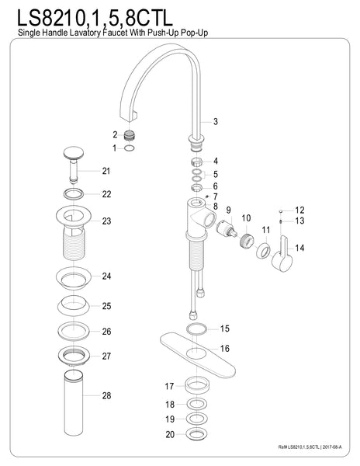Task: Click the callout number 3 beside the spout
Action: click(x=216, y=121)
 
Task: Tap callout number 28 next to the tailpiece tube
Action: click(x=106, y=395)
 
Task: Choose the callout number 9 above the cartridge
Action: click(x=229, y=210)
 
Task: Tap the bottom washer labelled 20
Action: click(x=196, y=436)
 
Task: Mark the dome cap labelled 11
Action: click(x=264, y=251)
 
